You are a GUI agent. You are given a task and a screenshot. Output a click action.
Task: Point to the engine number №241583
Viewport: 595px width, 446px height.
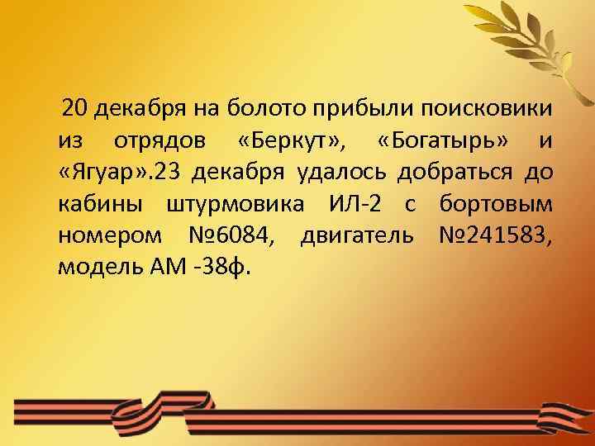[488, 236]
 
